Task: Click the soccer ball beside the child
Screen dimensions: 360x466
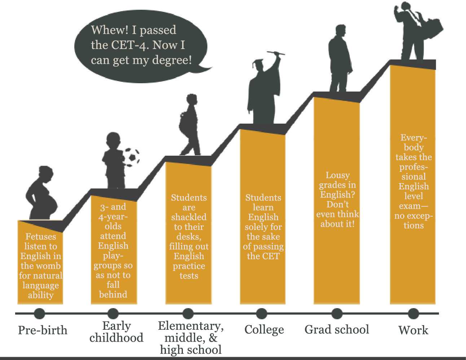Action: coord(131,156)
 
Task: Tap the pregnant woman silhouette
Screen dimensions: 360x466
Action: coord(43,195)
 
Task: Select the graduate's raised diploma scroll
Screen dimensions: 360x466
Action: coord(276,54)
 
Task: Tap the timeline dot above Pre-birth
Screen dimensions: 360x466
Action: coord(40,314)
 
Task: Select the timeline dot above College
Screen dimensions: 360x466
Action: coord(261,314)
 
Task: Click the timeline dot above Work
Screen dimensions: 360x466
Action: coord(413,314)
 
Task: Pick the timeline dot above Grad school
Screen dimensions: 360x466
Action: coord(337,314)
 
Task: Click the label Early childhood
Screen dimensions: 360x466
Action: coord(116,332)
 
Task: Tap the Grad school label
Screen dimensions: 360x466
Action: coord(337,329)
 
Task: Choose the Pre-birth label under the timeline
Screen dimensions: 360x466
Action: coord(43,330)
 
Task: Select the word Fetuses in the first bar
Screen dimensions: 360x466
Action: coord(41,237)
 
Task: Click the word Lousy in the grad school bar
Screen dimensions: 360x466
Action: coord(338,175)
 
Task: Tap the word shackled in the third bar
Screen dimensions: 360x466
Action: coord(189,217)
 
